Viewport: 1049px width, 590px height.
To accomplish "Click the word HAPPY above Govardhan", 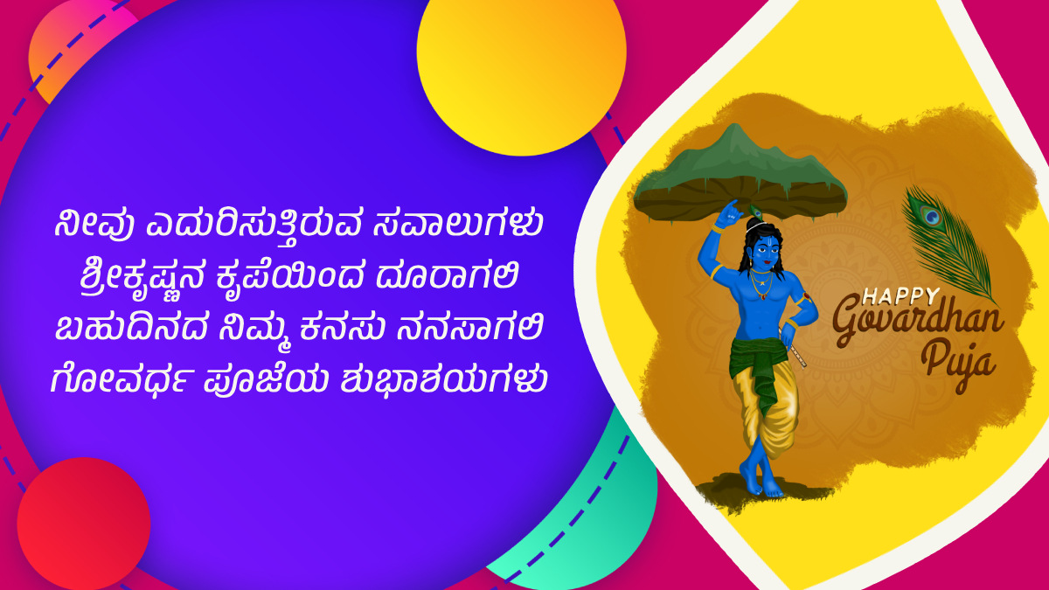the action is click(x=900, y=295).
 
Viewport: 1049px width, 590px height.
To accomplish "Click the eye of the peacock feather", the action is click(x=932, y=217).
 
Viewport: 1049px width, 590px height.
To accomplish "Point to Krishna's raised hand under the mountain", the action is click(x=729, y=214).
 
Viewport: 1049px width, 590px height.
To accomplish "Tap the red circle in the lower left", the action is click(x=83, y=524).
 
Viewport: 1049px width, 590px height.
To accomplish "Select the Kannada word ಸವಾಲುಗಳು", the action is click(x=458, y=225).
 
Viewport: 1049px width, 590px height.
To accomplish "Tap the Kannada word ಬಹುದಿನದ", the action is click(x=132, y=327).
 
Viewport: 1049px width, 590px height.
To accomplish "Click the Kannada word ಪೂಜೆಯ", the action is click(x=266, y=380).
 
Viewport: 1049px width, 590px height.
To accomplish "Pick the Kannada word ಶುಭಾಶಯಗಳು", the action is click(x=443, y=379).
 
